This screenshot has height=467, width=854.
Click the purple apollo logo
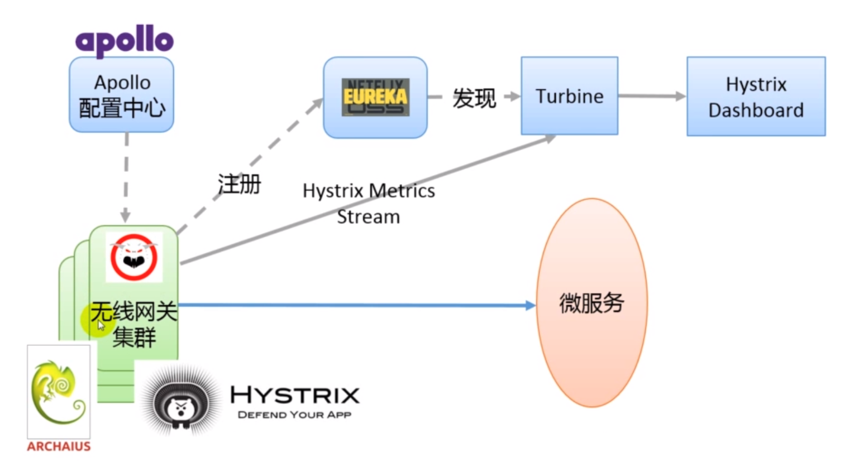tap(125, 41)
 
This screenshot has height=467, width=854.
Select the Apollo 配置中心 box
tap(122, 95)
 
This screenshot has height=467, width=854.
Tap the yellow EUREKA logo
tap(375, 97)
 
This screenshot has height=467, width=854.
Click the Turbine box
tap(570, 96)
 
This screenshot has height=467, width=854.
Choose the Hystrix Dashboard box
tap(756, 97)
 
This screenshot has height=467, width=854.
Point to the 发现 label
tap(474, 98)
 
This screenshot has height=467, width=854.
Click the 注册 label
tap(240, 184)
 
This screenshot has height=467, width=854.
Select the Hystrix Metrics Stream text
tap(369, 204)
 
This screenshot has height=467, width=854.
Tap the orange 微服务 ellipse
tap(591, 303)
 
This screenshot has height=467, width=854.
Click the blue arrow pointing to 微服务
tap(357, 305)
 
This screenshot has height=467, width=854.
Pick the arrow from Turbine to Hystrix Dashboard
tap(652, 96)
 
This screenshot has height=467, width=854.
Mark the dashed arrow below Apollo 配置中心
tap(126, 178)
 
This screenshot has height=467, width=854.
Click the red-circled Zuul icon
tap(134, 257)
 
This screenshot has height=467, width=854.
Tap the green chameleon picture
tap(59, 392)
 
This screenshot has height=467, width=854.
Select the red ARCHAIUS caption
tap(59, 446)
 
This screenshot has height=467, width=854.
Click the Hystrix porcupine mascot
tap(181, 399)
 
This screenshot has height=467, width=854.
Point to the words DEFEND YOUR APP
tap(294, 415)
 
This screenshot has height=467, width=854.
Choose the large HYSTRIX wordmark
tap(295, 395)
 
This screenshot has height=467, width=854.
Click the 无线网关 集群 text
tap(134, 324)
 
